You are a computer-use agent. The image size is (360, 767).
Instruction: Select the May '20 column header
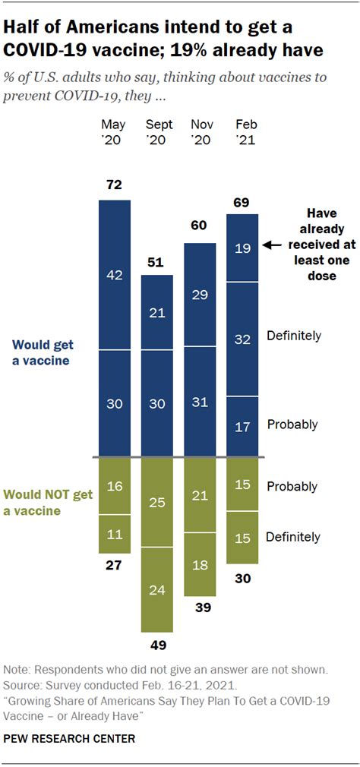pos(115,131)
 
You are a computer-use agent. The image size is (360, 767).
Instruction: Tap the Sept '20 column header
pos(158,131)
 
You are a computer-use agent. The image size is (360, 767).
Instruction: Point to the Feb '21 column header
pos(245,131)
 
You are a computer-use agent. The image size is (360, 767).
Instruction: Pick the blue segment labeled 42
pos(115,275)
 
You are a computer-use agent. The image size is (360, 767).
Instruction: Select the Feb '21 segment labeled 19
pos(243,248)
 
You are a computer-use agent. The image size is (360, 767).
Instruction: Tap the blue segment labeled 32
pos(243,339)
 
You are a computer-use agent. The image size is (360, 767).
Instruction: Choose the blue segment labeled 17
pos(243,426)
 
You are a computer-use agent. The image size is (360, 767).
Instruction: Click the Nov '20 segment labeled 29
pos(201,294)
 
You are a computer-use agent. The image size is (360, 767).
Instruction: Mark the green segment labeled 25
pos(158,502)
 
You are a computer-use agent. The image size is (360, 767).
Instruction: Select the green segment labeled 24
pos(158,589)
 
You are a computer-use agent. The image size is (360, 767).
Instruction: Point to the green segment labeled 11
pos(115,535)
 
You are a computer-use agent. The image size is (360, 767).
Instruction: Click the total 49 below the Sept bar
pos(158,645)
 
